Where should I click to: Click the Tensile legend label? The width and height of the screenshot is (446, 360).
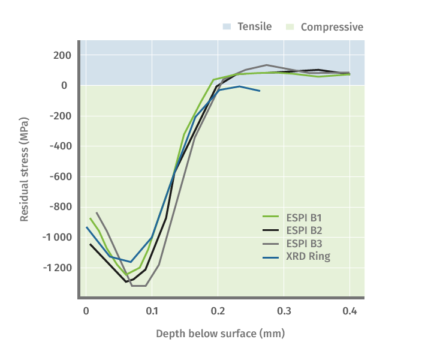pyautogui.click(x=254, y=26)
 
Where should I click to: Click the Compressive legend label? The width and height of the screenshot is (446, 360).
pyautogui.click(x=332, y=26)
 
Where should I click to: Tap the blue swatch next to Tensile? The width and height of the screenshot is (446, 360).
pyautogui.click(x=227, y=26)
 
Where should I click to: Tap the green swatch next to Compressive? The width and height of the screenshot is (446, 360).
pyautogui.click(x=291, y=26)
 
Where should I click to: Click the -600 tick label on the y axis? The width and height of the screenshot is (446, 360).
pyautogui.click(x=59, y=176)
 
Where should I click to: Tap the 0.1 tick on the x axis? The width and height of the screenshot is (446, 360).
pyautogui.click(x=152, y=311)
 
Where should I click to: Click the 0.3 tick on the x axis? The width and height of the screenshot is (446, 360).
pyautogui.click(x=284, y=311)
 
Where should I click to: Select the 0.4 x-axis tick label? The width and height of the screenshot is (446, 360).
pyautogui.click(x=349, y=311)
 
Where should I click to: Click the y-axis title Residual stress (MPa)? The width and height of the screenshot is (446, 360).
pyautogui.click(x=25, y=169)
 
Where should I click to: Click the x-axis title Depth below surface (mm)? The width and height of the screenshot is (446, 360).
pyautogui.click(x=220, y=333)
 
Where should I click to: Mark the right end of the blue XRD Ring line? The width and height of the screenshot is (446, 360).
pyautogui.click(x=260, y=91)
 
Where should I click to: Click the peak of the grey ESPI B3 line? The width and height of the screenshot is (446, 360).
pyautogui.click(x=266, y=65)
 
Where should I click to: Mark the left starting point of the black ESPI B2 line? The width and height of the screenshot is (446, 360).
pyautogui.click(x=91, y=244)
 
